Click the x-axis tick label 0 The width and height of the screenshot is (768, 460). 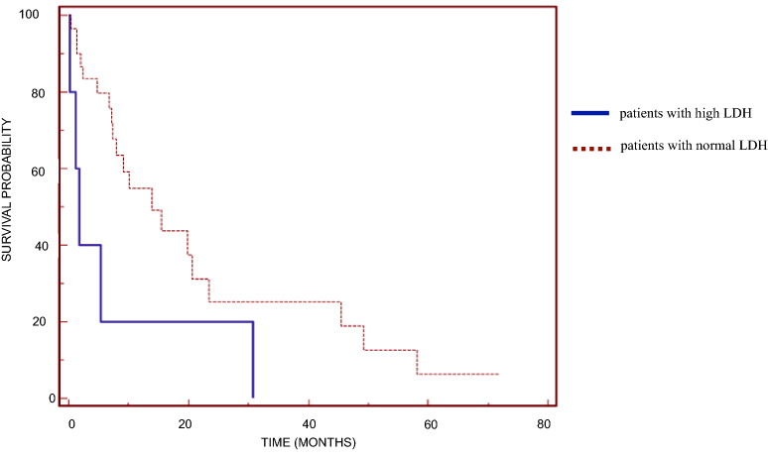(x=70, y=423)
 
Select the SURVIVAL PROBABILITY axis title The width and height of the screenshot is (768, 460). (x=8, y=188)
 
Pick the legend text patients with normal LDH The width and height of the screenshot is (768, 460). (x=693, y=147)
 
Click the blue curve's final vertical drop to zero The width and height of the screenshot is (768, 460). (x=253, y=359)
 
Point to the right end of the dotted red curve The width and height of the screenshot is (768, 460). (x=497, y=374)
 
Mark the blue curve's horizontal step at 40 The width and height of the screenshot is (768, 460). (x=89, y=245)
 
